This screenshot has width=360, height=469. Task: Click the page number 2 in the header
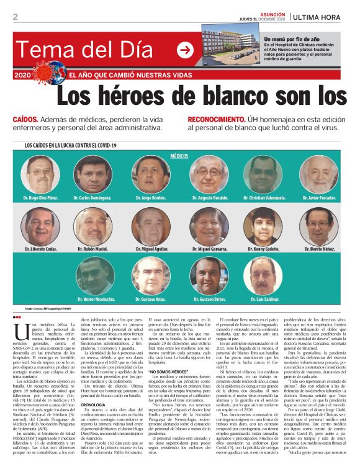coord(15,17)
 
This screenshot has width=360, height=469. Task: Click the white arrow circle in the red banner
coord(185,50)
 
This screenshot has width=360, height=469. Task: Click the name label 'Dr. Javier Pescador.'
coord(319,198)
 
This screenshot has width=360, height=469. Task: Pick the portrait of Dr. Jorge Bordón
coord(151,174)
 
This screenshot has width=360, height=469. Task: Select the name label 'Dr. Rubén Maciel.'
coord(95,249)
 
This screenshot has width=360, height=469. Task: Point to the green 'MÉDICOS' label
coord(179,157)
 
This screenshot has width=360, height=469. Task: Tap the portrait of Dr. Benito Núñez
coord(319,226)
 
